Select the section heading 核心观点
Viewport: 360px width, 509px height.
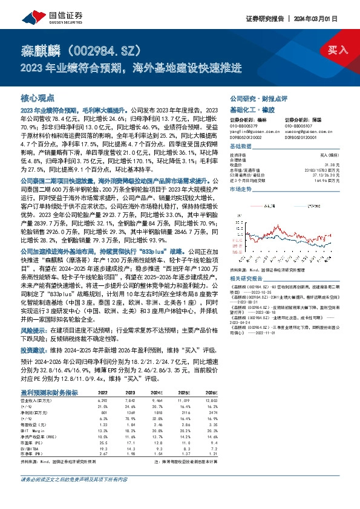[38, 97]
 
